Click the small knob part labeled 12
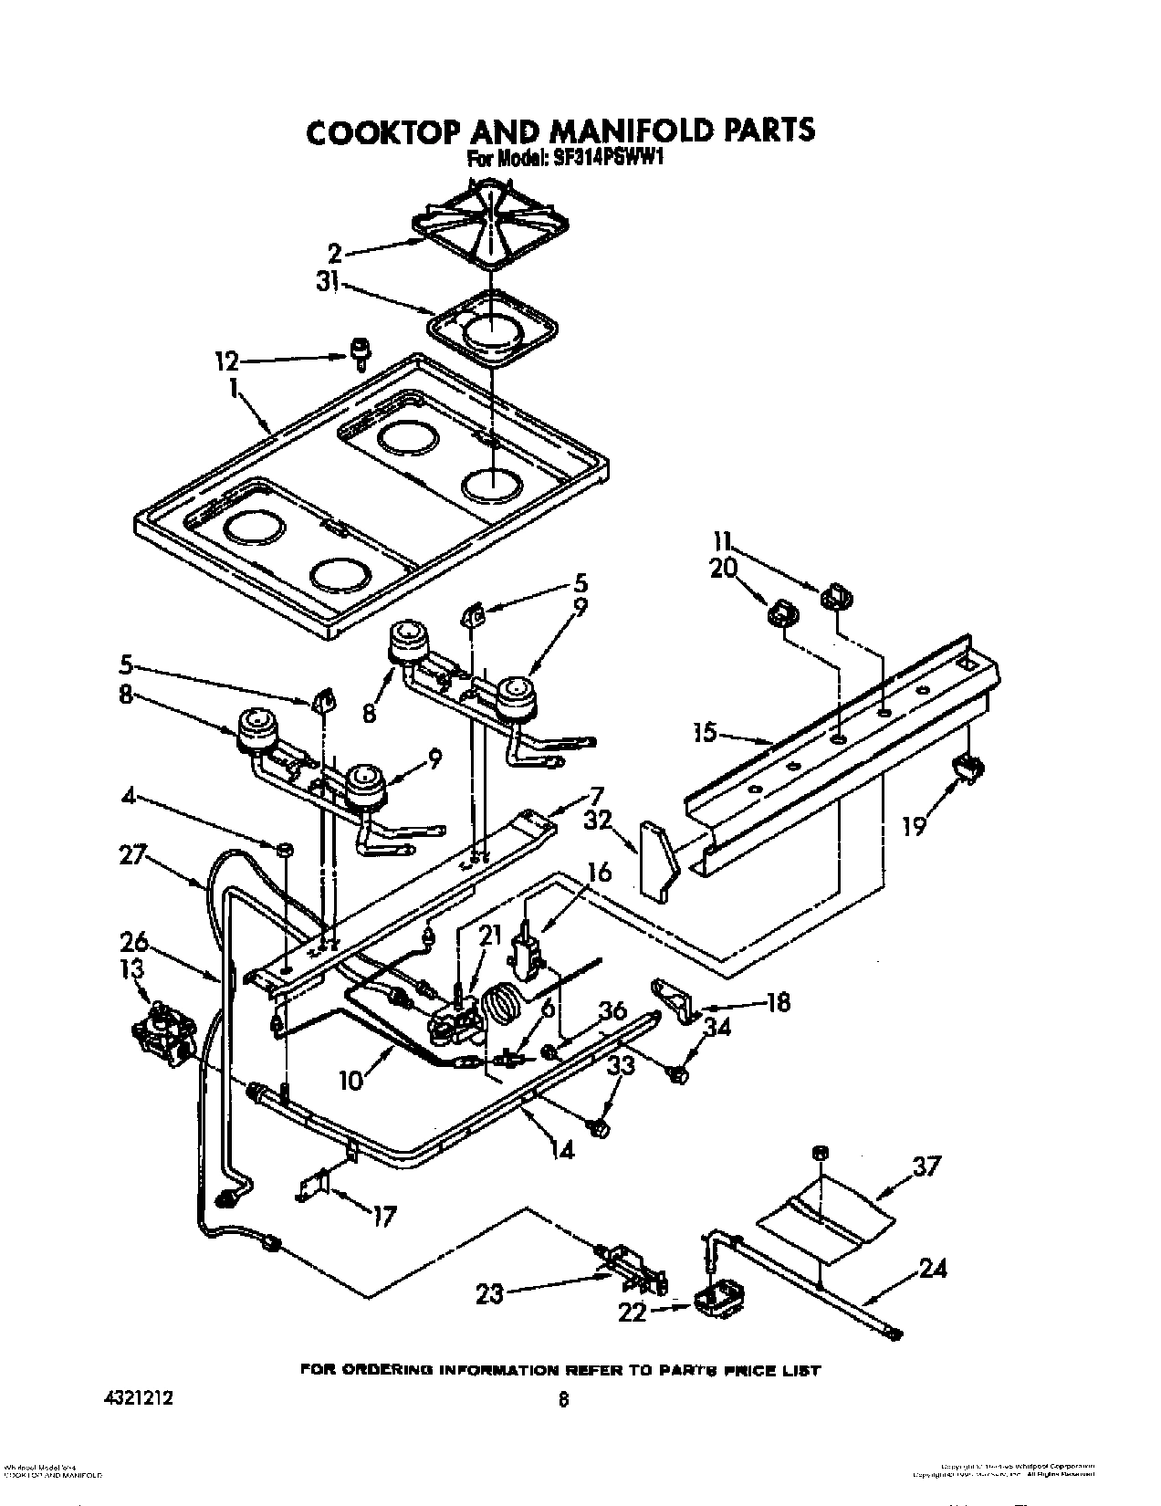361,351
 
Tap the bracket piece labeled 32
658,859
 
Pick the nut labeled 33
599,1128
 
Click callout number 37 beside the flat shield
926,1166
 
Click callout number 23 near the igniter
489,1293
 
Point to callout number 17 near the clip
384,1216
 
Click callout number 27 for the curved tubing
133,856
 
